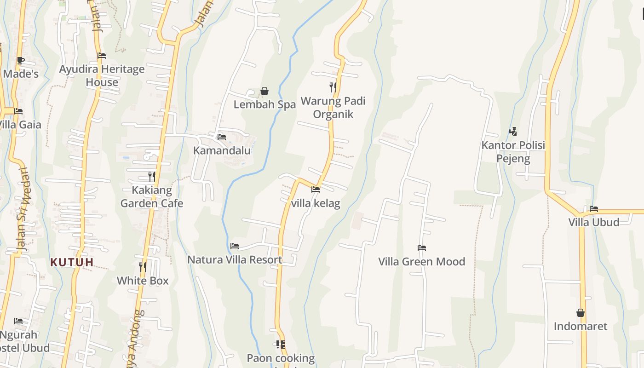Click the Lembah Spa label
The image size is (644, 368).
[x=264, y=104]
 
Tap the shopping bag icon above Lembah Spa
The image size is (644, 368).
[x=264, y=91]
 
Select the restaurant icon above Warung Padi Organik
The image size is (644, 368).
[x=333, y=87]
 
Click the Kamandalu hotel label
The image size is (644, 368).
[x=222, y=150]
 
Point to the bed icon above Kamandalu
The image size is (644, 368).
[x=221, y=137]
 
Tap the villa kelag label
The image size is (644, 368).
[x=316, y=203]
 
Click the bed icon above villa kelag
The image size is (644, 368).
[x=315, y=189]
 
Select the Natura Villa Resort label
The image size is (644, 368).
[x=235, y=259]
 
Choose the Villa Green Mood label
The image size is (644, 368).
[x=421, y=261]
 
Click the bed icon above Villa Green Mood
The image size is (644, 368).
[x=421, y=248]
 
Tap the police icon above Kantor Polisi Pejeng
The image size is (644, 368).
[x=513, y=132]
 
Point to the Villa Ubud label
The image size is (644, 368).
[x=593, y=222]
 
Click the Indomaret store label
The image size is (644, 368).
[x=580, y=326]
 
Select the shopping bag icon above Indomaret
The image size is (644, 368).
[x=581, y=313]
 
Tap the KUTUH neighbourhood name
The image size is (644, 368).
[x=72, y=262]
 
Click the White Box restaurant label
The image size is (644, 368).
[x=143, y=280]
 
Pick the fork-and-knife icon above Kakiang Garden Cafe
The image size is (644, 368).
[x=151, y=177]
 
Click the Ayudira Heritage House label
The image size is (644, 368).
[x=102, y=75]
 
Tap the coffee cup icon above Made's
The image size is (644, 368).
[x=20, y=60]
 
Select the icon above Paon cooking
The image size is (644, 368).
[x=280, y=345]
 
